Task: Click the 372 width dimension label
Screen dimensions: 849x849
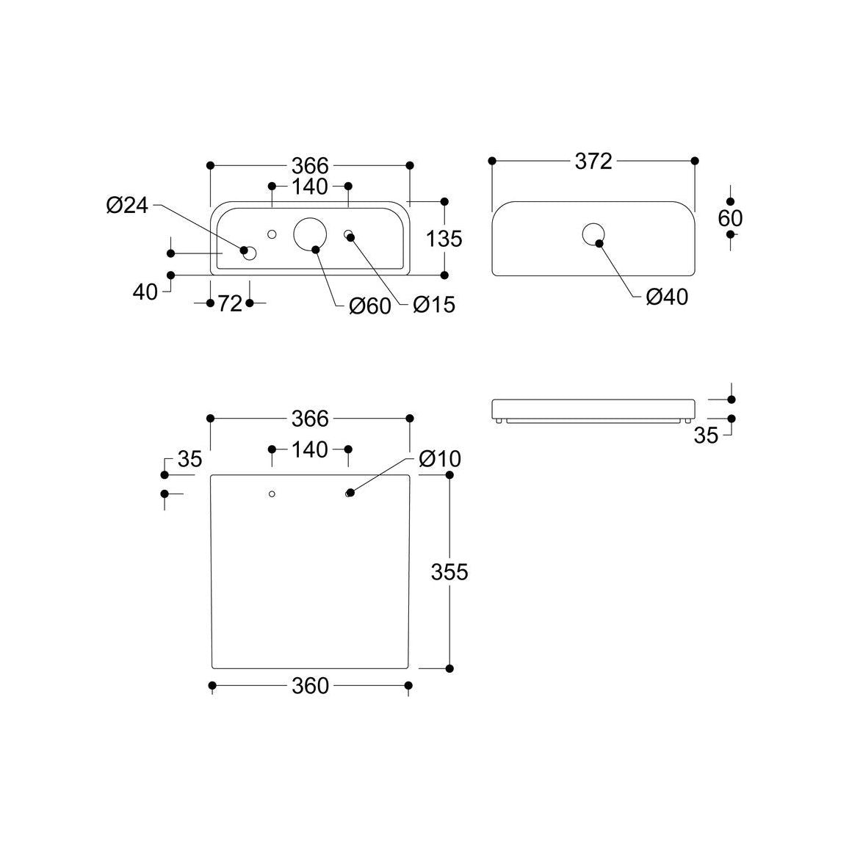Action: click(x=593, y=161)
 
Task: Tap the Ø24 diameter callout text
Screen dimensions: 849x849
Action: click(x=127, y=206)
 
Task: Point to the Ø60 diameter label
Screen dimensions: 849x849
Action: click(x=369, y=306)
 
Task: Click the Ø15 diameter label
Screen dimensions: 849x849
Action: click(x=434, y=304)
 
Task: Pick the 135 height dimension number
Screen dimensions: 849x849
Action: click(x=444, y=238)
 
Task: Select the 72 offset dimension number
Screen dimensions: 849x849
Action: click(x=230, y=303)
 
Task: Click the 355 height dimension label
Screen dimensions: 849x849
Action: click(x=449, y=571)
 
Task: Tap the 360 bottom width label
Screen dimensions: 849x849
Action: click(x=310, y=685)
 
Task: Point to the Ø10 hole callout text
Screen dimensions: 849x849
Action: click(x=440, y=459)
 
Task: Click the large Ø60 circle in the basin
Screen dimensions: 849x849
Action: click(x=310, y=234)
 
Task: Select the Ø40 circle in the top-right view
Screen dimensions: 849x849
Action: click(x=593, y=234)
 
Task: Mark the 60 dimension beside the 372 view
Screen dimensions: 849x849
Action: click(x=731, y=218)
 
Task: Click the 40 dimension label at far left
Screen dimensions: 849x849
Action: click(x=145, y=292)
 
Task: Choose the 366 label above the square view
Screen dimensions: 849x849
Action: click(x=310, y=419)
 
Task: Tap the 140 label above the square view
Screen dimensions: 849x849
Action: click(x=310, y=449)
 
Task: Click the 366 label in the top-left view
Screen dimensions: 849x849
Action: click(x=310, y=165)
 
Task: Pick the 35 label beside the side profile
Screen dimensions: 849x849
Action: click(x=706, y=436)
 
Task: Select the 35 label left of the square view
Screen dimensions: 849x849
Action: click(x=189, y=460)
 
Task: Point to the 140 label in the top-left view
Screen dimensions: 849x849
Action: click(x=310, y=187)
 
